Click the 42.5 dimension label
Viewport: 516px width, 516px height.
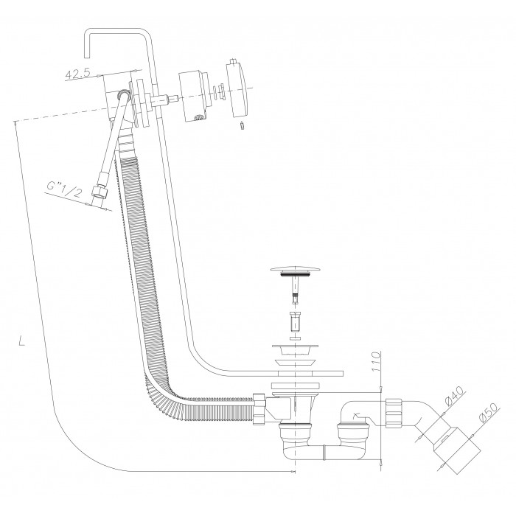point(77,74)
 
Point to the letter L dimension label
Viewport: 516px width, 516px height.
point(21,341)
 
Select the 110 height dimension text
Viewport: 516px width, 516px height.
point(375,362)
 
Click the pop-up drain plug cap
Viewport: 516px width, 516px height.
point(295,271)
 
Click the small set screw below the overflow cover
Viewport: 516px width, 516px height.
point(243,126)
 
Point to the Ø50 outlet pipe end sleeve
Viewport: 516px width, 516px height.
point(456,450)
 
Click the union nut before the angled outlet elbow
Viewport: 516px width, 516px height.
point(393,413)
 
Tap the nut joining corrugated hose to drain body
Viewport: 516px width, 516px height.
point(259,408)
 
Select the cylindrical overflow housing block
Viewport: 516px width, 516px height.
point(194,95)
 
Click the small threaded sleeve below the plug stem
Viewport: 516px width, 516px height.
point(295,321)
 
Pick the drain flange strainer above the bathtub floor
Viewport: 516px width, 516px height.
point(295,350)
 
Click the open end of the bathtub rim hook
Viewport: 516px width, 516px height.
point(87,57)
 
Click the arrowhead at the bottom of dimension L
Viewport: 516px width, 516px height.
point(293,472)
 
